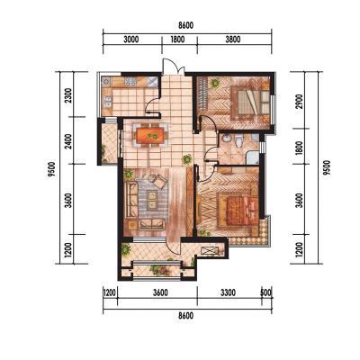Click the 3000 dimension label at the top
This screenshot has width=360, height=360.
coord(131,40)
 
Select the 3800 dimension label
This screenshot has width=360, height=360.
coord(233,40)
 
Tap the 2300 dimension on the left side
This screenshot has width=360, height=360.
coord(68,95)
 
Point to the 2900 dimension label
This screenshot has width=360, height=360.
coord(300,102)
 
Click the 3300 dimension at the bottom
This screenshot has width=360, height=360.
coord(228,292)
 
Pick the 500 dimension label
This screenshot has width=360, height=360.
coord(266,292)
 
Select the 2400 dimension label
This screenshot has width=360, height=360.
coord(68,141)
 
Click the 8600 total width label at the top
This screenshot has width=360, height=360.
coord(186,25)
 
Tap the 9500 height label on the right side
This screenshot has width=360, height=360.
coord(327,168)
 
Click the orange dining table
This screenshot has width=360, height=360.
coord(150,135)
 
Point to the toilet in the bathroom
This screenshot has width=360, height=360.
coord(238,141)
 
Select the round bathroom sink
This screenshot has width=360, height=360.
coord(225,139)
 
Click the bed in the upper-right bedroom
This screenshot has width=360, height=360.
coord(250,102)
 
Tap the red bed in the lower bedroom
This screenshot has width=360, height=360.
coord(238,211)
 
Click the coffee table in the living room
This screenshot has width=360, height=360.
coord(153,201)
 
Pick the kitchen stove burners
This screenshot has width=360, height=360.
coord(131,81)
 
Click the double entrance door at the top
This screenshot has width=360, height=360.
coord(173,67)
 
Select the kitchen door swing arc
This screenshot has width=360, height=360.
coord(151,104)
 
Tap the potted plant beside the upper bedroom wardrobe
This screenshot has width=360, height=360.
coord(214,83)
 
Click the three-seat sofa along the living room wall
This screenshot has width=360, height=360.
coord(131,199)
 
